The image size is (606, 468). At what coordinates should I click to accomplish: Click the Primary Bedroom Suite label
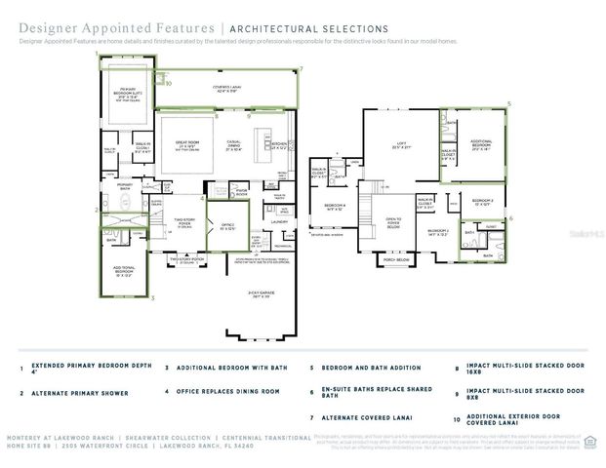127,95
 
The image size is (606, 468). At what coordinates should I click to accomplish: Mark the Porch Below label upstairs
395,261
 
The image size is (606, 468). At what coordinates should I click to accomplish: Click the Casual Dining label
233,145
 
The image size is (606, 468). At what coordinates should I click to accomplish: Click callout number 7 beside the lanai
302,69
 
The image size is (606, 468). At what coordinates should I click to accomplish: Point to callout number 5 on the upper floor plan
508,102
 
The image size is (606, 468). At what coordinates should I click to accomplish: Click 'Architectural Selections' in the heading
311,29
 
